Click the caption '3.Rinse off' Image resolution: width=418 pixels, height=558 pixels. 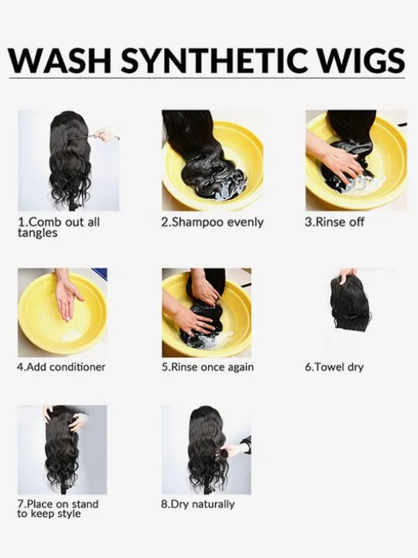pyautogui.click(x=334, y=222)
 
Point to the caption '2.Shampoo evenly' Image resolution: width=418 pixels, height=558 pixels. pyautogui.click(x=213, y=223)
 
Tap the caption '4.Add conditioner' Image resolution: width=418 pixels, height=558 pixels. pyautogui.click(x=61, y=367)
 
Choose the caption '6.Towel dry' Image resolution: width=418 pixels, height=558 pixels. pyautogui.click(x=334, y=367)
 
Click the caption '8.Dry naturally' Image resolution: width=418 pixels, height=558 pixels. pyautogui.click(x=197, y=504)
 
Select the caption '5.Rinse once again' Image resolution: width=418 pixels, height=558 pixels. pyautogui.click(x=208, y=367)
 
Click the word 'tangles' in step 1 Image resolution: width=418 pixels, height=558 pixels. pyautogui.click(x=37, y=233)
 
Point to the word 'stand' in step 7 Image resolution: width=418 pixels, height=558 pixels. pyautogui.click(x=84, y=504)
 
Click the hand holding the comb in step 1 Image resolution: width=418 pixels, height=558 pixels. pyautogui.click(x=105, y=135)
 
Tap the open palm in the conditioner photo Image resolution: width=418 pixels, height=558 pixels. pyautogui.click(x=68, y=298)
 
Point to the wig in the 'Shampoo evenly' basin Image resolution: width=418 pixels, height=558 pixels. pyautogui.click(x=203, y=156)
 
